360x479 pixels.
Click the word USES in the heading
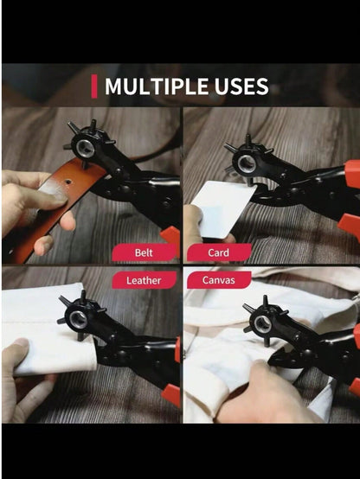point(241,86)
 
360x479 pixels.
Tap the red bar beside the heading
point(94,86)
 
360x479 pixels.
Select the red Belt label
point(144,252)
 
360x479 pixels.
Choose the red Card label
point(219,252)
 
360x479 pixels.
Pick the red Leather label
point(144,280)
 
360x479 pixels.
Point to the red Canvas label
point(219,280)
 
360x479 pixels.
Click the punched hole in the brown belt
point(67,182)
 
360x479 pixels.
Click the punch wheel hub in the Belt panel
point(85,148)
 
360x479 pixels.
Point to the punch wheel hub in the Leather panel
point(78,320)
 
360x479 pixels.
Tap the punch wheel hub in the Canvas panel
point(262,324)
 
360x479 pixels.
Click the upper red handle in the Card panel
point(352,174)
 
